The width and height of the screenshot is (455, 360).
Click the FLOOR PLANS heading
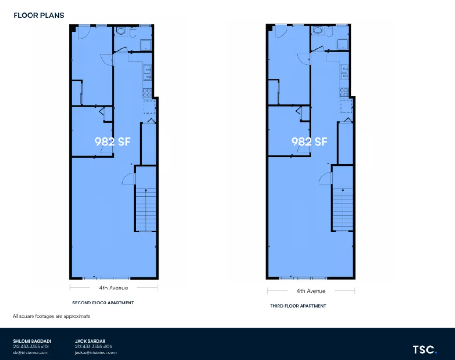(39, 16)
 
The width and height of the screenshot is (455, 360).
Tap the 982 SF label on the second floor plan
(112, 141)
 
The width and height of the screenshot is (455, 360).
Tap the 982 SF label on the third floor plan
(309, 141)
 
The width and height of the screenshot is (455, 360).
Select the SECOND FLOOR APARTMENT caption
(103, 303)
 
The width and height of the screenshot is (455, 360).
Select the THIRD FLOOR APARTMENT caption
(298, 306)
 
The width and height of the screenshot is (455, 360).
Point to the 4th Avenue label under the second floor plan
(113, 288)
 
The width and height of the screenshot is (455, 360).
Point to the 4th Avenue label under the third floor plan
(311, 291)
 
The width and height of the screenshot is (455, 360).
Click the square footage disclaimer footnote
(51, 316)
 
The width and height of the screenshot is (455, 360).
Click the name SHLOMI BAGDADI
(32, 341)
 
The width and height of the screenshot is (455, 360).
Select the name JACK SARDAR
(90, 341)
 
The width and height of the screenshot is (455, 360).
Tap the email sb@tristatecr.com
(31, 352)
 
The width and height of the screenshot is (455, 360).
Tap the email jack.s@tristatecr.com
(96, 352)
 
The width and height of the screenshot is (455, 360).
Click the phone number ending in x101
(31, 347)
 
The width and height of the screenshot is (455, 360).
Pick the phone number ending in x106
(93, 347)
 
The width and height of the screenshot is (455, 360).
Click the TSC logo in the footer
(424, 350)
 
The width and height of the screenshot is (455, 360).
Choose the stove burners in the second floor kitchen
(147, 92)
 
